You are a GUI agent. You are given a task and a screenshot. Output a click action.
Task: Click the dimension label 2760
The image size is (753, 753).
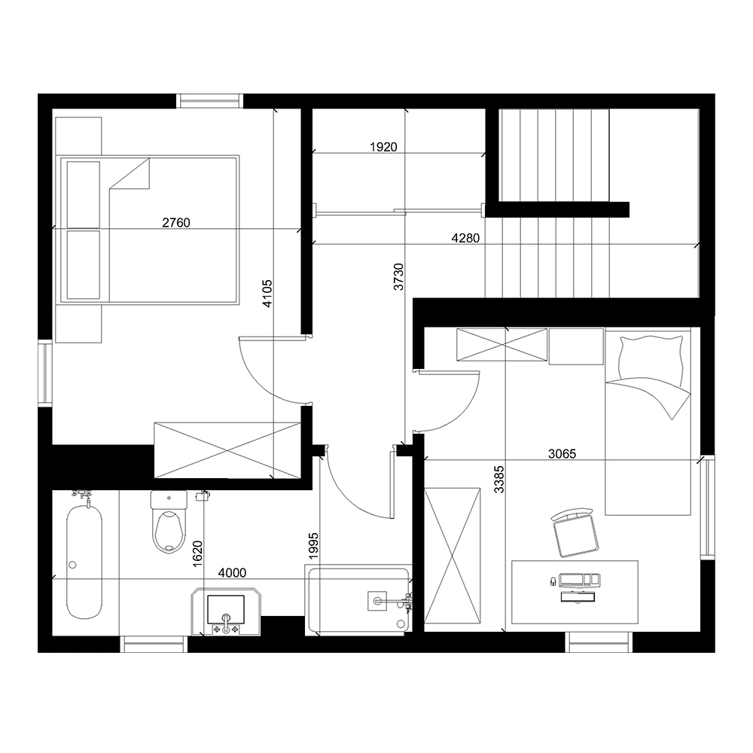pyautogui.click(x=177, y=222)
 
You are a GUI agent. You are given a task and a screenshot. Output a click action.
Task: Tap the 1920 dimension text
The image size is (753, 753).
pyautogui.click(x=383, y=148)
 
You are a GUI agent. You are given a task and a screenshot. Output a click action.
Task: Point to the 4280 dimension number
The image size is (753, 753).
pyautogui.click(x=465, y=238)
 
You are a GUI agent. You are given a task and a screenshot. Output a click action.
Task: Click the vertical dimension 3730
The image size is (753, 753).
pyautogui.click(x=399, y=278)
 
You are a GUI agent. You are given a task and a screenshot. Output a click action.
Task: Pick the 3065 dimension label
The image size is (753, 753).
pyautogui.click(x=562, y=453)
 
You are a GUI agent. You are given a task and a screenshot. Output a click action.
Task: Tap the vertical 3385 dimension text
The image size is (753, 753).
pyautogui.click(x=498, y=479)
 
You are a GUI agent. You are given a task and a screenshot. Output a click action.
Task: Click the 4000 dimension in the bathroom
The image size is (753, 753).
pyautogui.click(x=231, y=573)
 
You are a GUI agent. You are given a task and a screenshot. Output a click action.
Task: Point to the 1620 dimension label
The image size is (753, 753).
pyautogui.click(x=198, y=553)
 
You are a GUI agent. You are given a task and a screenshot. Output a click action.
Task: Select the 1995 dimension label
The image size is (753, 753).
pyautogui.click(x=314, y=547)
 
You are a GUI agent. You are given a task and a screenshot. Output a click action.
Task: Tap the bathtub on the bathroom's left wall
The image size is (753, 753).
pyautogui.click(x=84, y=561)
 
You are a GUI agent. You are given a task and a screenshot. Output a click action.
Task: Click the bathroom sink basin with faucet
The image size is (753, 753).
pyautogui.click(x=227, y=611)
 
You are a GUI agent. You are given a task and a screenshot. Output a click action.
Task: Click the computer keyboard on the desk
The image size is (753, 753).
pyautogui.click(x=579, y=580)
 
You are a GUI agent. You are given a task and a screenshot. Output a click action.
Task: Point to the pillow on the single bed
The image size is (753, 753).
pyautogui.click(x=650, y=357)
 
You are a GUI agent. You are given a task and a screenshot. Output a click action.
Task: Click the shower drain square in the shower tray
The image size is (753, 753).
pyautogui.click(x=375, y=601)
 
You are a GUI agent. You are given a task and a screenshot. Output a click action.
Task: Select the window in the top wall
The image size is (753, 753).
pyautogui.click(x=210, y=101)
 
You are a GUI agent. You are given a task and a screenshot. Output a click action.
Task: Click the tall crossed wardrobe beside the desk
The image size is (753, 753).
pyautogui.click(x=453, y=556)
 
